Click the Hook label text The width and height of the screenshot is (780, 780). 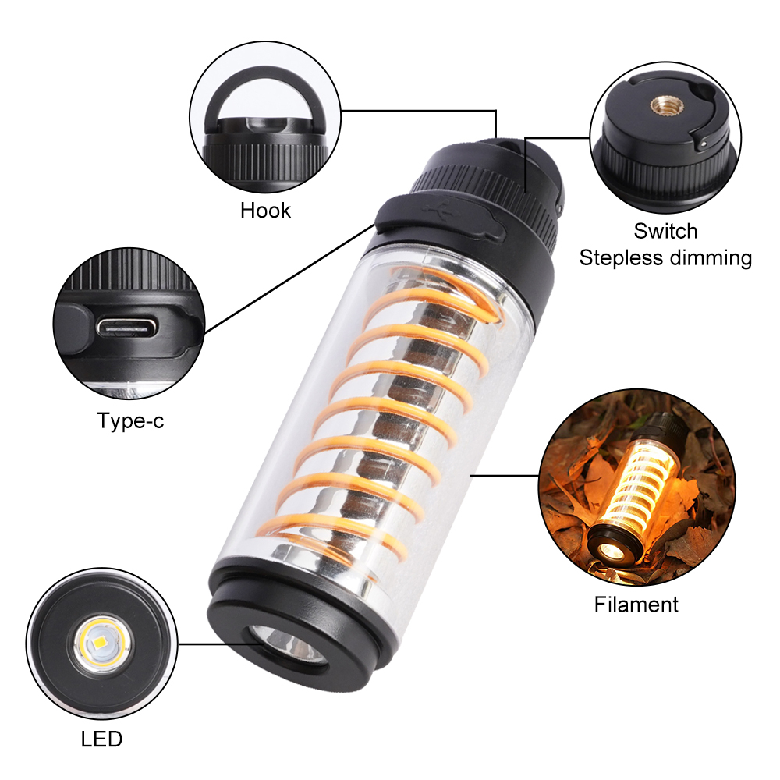point(265,211)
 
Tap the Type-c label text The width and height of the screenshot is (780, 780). point(129,421)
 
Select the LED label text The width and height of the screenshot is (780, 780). point(101,739)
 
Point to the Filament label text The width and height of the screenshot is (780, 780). point(636,604)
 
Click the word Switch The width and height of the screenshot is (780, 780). point(665,232)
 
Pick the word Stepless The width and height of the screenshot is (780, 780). point(621,258)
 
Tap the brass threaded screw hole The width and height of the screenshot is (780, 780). point(662,105)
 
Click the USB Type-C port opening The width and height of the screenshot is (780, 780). point(126,328)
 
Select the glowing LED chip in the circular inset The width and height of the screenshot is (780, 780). point(102,643)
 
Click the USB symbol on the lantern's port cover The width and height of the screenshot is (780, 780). point(438,209)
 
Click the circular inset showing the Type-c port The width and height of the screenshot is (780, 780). point(129,324)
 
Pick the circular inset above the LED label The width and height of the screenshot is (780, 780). point(102,643)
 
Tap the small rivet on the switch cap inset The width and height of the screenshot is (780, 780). point(703,144)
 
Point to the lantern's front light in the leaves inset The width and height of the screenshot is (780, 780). point(608,550)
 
